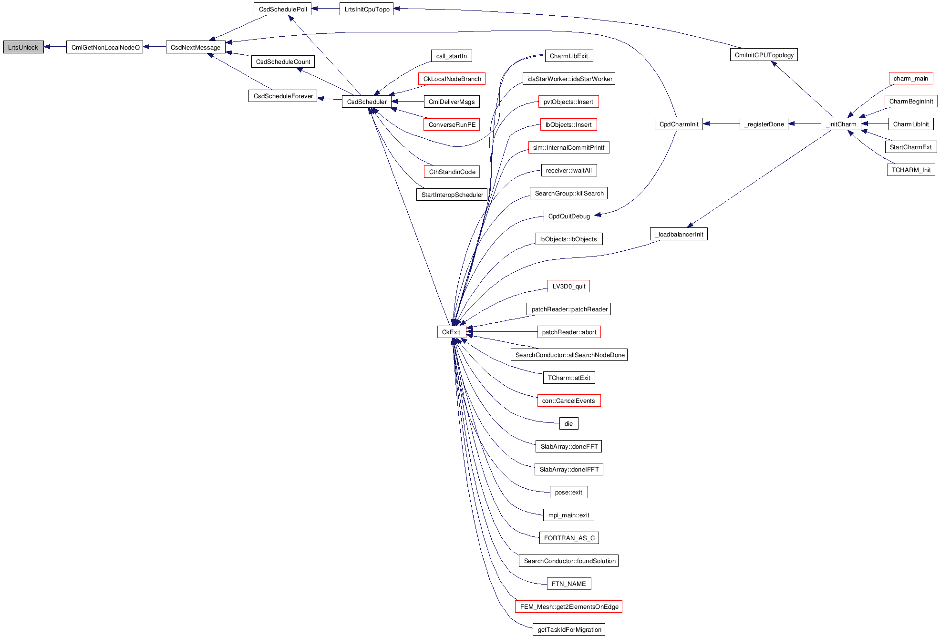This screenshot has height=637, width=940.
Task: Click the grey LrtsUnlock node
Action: coord(23,47)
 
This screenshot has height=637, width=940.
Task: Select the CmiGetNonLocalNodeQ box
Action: coord(104,47)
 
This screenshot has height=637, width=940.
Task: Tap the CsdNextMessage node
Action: coord(196,47)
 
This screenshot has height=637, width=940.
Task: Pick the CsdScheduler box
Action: coord(367,102)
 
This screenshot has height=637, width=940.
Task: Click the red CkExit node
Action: coord(451,332)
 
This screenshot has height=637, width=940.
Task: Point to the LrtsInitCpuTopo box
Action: coord(366,9)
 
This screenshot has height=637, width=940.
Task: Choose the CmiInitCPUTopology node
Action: coord(764,55)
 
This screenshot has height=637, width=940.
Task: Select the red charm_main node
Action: coord(910,78)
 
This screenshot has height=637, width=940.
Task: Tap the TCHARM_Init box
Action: coord(911,170)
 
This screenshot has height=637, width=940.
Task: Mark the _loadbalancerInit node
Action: coord(678,234)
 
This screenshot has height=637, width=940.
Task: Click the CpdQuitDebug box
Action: coord(569,216)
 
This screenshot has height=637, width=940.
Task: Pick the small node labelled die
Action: coord(568,423)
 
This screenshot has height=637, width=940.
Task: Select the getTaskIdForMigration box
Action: coord(569,629)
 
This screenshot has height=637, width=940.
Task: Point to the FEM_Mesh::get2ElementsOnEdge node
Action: coord(568,606)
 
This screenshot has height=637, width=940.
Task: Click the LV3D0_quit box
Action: coord(568,286)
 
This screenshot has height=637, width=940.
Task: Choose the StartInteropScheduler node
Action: coord(452,195)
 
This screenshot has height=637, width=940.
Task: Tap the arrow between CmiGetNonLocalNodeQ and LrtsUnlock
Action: coord(55,47)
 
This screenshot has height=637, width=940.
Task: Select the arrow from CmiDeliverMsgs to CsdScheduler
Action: coord(407,102)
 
